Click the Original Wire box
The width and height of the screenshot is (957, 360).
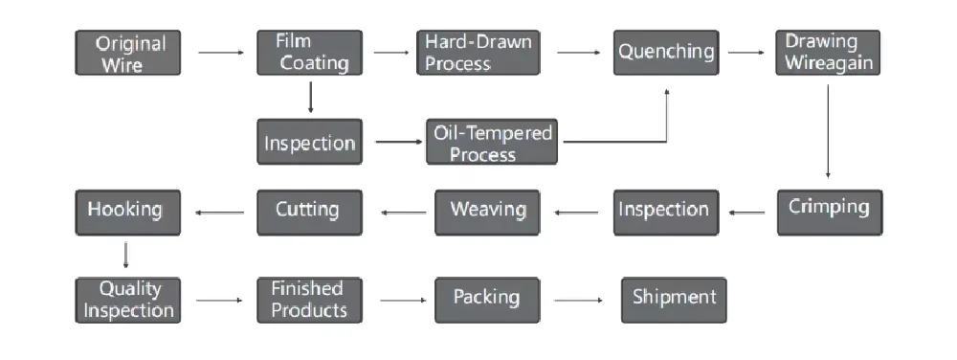(128, 54)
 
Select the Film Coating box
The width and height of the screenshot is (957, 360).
(310, 53)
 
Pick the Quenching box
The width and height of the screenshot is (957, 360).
(666, 53)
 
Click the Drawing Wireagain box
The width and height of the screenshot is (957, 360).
(827, 53)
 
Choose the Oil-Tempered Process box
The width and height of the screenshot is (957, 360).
(491, 143)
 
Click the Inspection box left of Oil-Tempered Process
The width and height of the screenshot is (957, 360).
(310, 143)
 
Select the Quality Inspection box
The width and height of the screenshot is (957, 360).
(128, 299)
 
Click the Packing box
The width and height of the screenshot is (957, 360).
(487, 299)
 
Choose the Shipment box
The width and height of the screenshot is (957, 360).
(674, 299)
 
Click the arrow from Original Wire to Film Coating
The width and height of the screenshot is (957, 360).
(219, 54)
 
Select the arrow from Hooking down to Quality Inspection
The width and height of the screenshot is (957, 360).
(126, 255)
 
